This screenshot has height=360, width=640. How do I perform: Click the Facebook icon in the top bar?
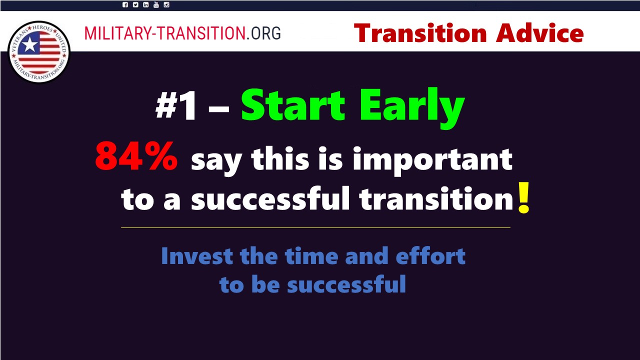125,5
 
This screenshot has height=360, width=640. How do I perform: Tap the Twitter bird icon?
135,5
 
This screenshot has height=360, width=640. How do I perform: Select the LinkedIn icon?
145,5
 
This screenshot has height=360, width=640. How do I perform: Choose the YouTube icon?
156,5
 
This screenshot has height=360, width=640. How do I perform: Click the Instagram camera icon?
166,5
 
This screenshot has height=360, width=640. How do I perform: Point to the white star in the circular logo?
29,45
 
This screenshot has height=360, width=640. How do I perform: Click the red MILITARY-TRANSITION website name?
165,33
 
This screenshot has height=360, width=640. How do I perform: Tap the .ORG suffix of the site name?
263,33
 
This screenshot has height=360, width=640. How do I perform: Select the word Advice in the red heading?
539,33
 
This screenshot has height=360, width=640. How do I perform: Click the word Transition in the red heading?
420,33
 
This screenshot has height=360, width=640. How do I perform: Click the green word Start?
293,105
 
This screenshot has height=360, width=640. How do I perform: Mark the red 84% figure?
136,156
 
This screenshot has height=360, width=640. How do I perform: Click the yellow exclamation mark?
524,197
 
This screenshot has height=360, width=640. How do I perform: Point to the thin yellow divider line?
315,227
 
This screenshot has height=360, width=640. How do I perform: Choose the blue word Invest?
197,256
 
